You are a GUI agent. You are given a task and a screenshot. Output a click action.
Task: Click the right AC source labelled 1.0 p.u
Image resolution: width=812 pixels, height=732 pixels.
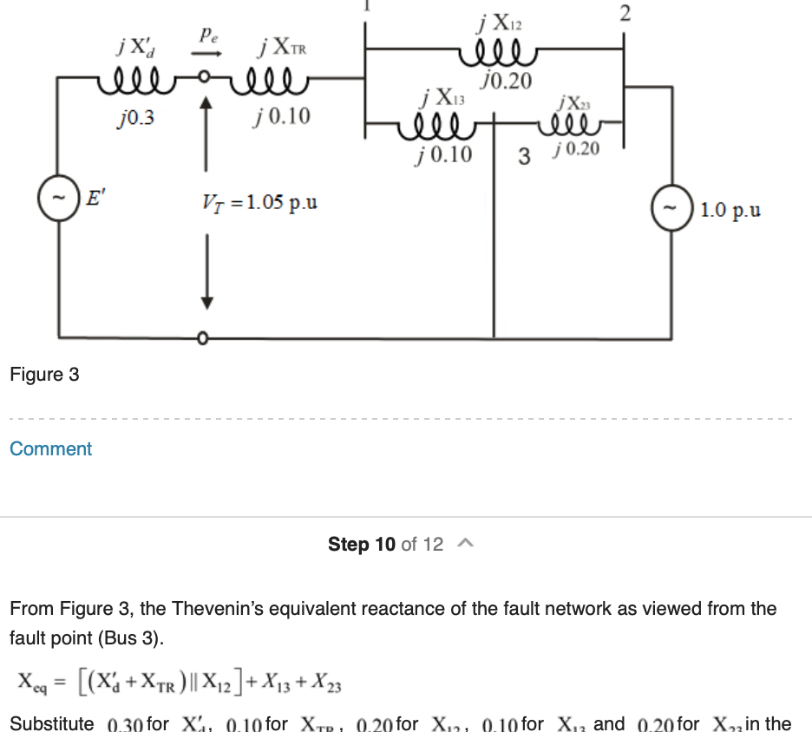pyautogui.click(x=670, y=209)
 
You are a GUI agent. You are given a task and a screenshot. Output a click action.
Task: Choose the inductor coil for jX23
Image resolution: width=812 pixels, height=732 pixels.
pyautogui.click(x=576, y=130)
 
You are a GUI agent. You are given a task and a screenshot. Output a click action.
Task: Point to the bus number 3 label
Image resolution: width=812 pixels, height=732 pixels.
pyautogui.click(x=523, y=157)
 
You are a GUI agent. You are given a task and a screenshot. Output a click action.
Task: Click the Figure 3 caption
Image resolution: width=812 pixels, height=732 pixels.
pyautogui.click(x=44, y=375)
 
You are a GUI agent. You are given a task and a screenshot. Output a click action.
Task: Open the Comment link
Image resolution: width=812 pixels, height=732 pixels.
pyautogui.click(x=50, y=449)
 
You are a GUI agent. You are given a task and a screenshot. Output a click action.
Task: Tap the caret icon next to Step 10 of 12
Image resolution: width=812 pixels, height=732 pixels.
pyautogui.click(x=465, y=544)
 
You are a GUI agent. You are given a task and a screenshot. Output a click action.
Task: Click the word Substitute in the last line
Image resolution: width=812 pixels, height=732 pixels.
pyautogui.click(x=52, y=723)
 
